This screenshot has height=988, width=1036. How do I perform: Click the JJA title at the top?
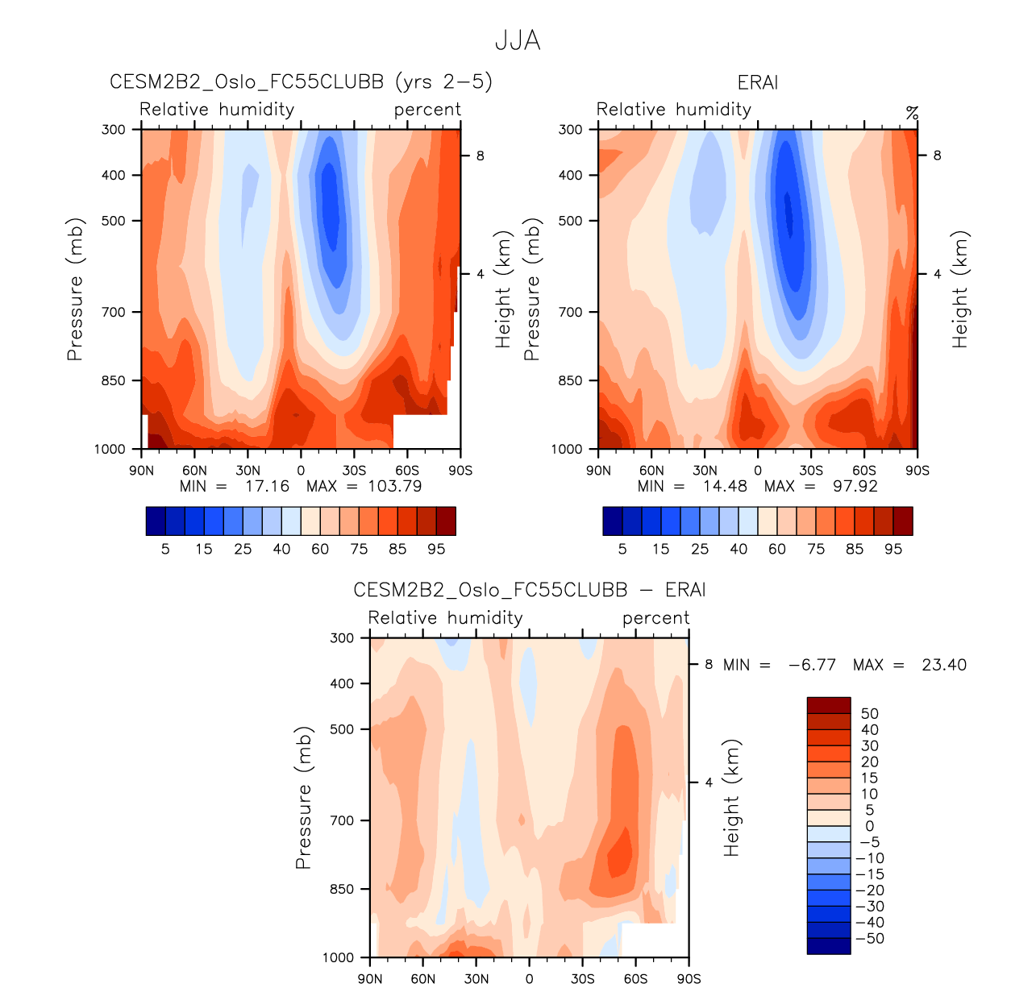coord(518,40)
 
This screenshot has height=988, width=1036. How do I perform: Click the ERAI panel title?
coord(758,83)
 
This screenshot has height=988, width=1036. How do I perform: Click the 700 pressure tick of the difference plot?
coord(343,820)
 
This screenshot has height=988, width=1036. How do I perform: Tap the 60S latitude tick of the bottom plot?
coord(635,978)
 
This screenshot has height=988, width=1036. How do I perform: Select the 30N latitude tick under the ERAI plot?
coord(704,471)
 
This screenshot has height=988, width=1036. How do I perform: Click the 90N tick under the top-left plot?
coord(141,471)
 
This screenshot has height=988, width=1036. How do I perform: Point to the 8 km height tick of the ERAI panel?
coord(937,156)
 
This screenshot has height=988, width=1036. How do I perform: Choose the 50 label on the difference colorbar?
coord(869,714)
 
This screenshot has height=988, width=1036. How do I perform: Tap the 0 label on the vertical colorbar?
coord(869,826)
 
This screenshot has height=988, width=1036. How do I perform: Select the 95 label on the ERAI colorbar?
coord(893,549)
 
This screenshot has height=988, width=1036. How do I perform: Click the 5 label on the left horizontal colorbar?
coord(165,549)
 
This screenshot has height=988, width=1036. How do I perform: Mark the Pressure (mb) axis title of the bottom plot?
coord(303,798)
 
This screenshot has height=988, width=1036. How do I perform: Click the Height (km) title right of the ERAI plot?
coord(959,289)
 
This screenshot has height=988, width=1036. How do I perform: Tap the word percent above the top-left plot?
coord(427,110)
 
